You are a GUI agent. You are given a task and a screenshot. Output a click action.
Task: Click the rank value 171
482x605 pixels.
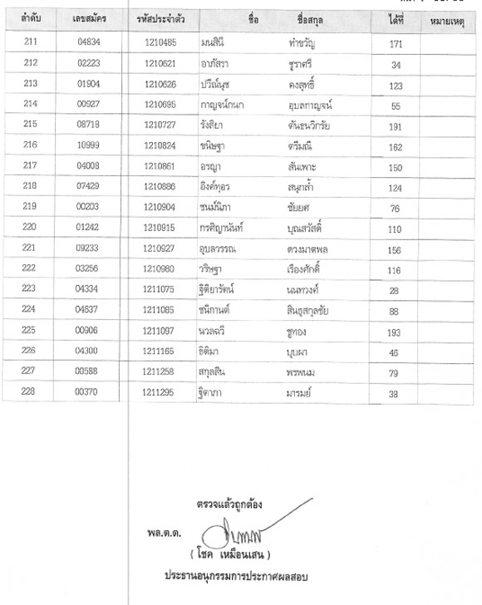396,42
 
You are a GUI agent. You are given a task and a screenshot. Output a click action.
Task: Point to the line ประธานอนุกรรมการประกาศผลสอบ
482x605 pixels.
236,575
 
